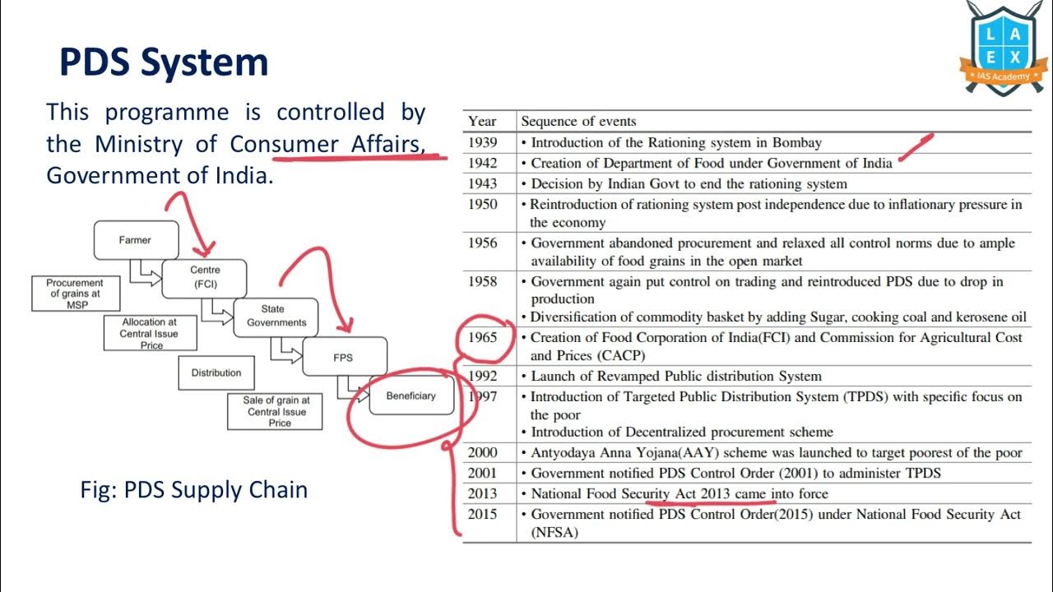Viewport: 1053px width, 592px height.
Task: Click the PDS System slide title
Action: point(164,63)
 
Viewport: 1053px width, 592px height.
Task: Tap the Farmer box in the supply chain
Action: point(136,240)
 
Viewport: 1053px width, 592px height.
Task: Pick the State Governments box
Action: point(276,317)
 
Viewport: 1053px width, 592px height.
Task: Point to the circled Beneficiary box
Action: point(411,395)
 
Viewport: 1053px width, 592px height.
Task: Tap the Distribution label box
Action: point(216,372)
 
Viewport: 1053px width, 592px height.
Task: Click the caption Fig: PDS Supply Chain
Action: point(193,490)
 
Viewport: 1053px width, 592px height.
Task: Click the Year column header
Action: point(482,121)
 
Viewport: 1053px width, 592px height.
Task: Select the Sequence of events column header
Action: point(578,121)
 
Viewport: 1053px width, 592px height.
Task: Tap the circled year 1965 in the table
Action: point(483,337)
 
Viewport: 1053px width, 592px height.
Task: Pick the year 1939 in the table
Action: point(483,142)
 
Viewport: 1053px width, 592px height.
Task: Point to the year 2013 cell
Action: point(483,493)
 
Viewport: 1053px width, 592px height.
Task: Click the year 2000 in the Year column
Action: point(483,452)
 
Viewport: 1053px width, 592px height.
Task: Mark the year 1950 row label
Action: point(483,204)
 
